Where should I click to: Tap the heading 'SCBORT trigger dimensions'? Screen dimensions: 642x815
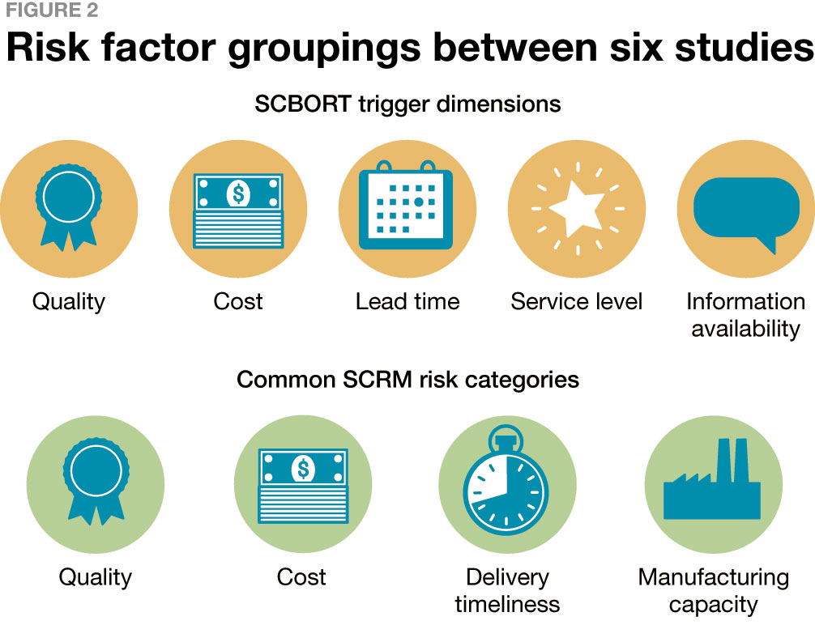pyautogui.click(x=407, y=104)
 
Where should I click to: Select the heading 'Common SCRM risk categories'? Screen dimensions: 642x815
pyautogui.click(x=407, y=379)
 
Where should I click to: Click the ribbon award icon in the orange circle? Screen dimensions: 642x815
pyautogui.click(x=68, y=206)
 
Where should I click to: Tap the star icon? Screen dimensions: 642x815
pyautogui.click(x=577, y=207)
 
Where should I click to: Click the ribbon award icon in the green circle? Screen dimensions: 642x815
pyautogui.click(x=96, y=481)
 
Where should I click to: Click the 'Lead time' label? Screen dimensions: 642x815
pyautogui.click(x=407, y=302)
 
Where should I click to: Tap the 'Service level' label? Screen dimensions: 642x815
pyautogui.click(x=577, y=302)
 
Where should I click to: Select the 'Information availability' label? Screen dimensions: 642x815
pyautogui.click(x=745, y=315)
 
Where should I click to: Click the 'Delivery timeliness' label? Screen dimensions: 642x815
pyautogui.click(x=507, y=590)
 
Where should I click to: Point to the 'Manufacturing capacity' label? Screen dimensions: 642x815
pyautogui.click(x=713, y=590)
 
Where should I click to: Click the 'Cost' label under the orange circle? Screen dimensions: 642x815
pyautogui.click(x=238, y=302)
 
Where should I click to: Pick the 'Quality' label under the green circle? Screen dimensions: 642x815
pyautogui.click(x=96, y=577)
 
